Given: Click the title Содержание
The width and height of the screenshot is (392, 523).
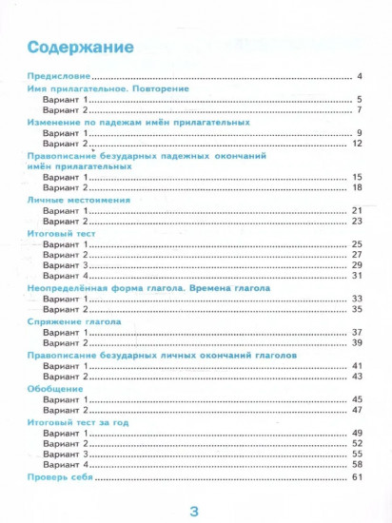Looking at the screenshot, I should click(80, 47).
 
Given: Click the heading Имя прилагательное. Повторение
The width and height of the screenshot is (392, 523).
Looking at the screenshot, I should click(107, 88).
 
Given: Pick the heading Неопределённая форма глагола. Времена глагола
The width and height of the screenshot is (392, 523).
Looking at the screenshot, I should click(148, 287).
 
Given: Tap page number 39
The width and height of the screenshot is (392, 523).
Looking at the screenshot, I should click(357, 342).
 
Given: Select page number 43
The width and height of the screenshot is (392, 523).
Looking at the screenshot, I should click(357, 377).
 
